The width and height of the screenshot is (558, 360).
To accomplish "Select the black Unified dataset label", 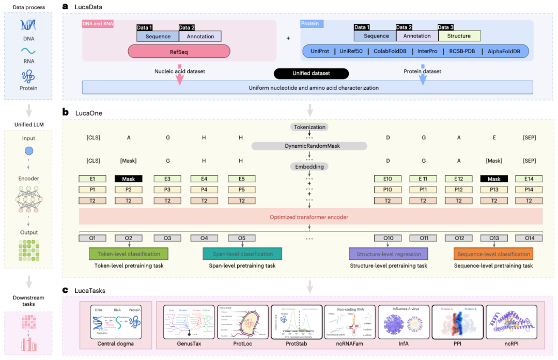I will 311,73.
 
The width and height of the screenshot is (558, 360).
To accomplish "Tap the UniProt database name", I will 319,51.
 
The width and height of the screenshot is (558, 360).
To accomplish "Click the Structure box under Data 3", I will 459,36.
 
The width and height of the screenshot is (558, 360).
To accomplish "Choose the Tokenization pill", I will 309,127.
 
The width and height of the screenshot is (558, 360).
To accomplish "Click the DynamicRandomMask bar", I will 309,146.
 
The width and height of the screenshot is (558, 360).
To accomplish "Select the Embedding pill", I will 309,166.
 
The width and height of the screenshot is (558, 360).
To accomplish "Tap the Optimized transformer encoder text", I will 309,217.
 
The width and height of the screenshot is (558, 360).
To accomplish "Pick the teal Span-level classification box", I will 242,254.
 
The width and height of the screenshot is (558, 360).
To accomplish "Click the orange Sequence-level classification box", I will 493,254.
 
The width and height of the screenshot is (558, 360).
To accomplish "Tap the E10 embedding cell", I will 388,179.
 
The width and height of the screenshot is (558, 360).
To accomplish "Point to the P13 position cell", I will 493,190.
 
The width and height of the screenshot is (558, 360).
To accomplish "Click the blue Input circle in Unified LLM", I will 29,151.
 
